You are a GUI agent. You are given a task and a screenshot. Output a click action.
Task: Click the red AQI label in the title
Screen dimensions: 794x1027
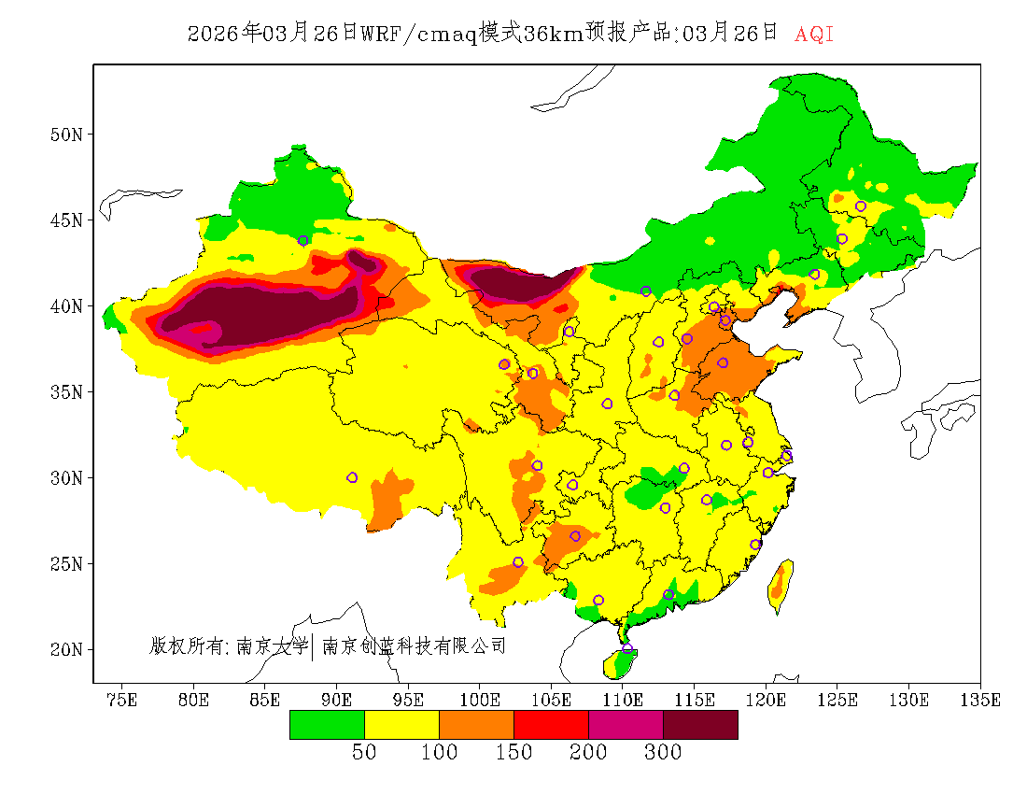tap(813, 35)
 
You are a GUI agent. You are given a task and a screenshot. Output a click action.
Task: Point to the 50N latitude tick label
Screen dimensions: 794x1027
tap(65, 135)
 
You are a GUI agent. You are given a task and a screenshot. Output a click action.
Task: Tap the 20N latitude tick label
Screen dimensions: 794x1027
tap(65, 649)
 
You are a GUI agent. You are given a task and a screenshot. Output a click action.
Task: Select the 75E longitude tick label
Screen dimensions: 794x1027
tap(121, 700)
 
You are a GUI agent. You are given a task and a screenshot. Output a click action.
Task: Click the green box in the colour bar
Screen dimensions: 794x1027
tap(327, 725)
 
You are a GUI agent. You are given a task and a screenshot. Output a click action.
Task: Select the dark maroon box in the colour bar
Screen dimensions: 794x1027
tap(700, 725)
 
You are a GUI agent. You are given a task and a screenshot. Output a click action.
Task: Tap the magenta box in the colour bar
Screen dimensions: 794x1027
tap(626, 725)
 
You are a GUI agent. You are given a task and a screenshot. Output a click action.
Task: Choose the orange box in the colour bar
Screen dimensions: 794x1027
tap(476, 725)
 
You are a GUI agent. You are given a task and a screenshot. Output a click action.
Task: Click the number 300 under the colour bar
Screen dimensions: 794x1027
tap(663, 753)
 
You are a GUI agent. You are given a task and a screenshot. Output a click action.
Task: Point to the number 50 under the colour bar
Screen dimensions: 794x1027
tap(364, 753)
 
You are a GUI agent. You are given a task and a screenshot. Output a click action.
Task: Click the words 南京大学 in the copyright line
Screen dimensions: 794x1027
tap(272, 645)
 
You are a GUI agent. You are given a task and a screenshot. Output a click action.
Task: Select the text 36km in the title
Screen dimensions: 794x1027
tap(555, 35)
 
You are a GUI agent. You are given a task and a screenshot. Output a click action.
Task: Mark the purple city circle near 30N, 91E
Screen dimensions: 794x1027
tap(352, 477)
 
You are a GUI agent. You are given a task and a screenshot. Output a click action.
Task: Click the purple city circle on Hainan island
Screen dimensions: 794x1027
tap(627, 648)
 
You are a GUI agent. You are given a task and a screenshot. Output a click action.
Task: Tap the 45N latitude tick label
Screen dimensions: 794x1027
tap(65, 220)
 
